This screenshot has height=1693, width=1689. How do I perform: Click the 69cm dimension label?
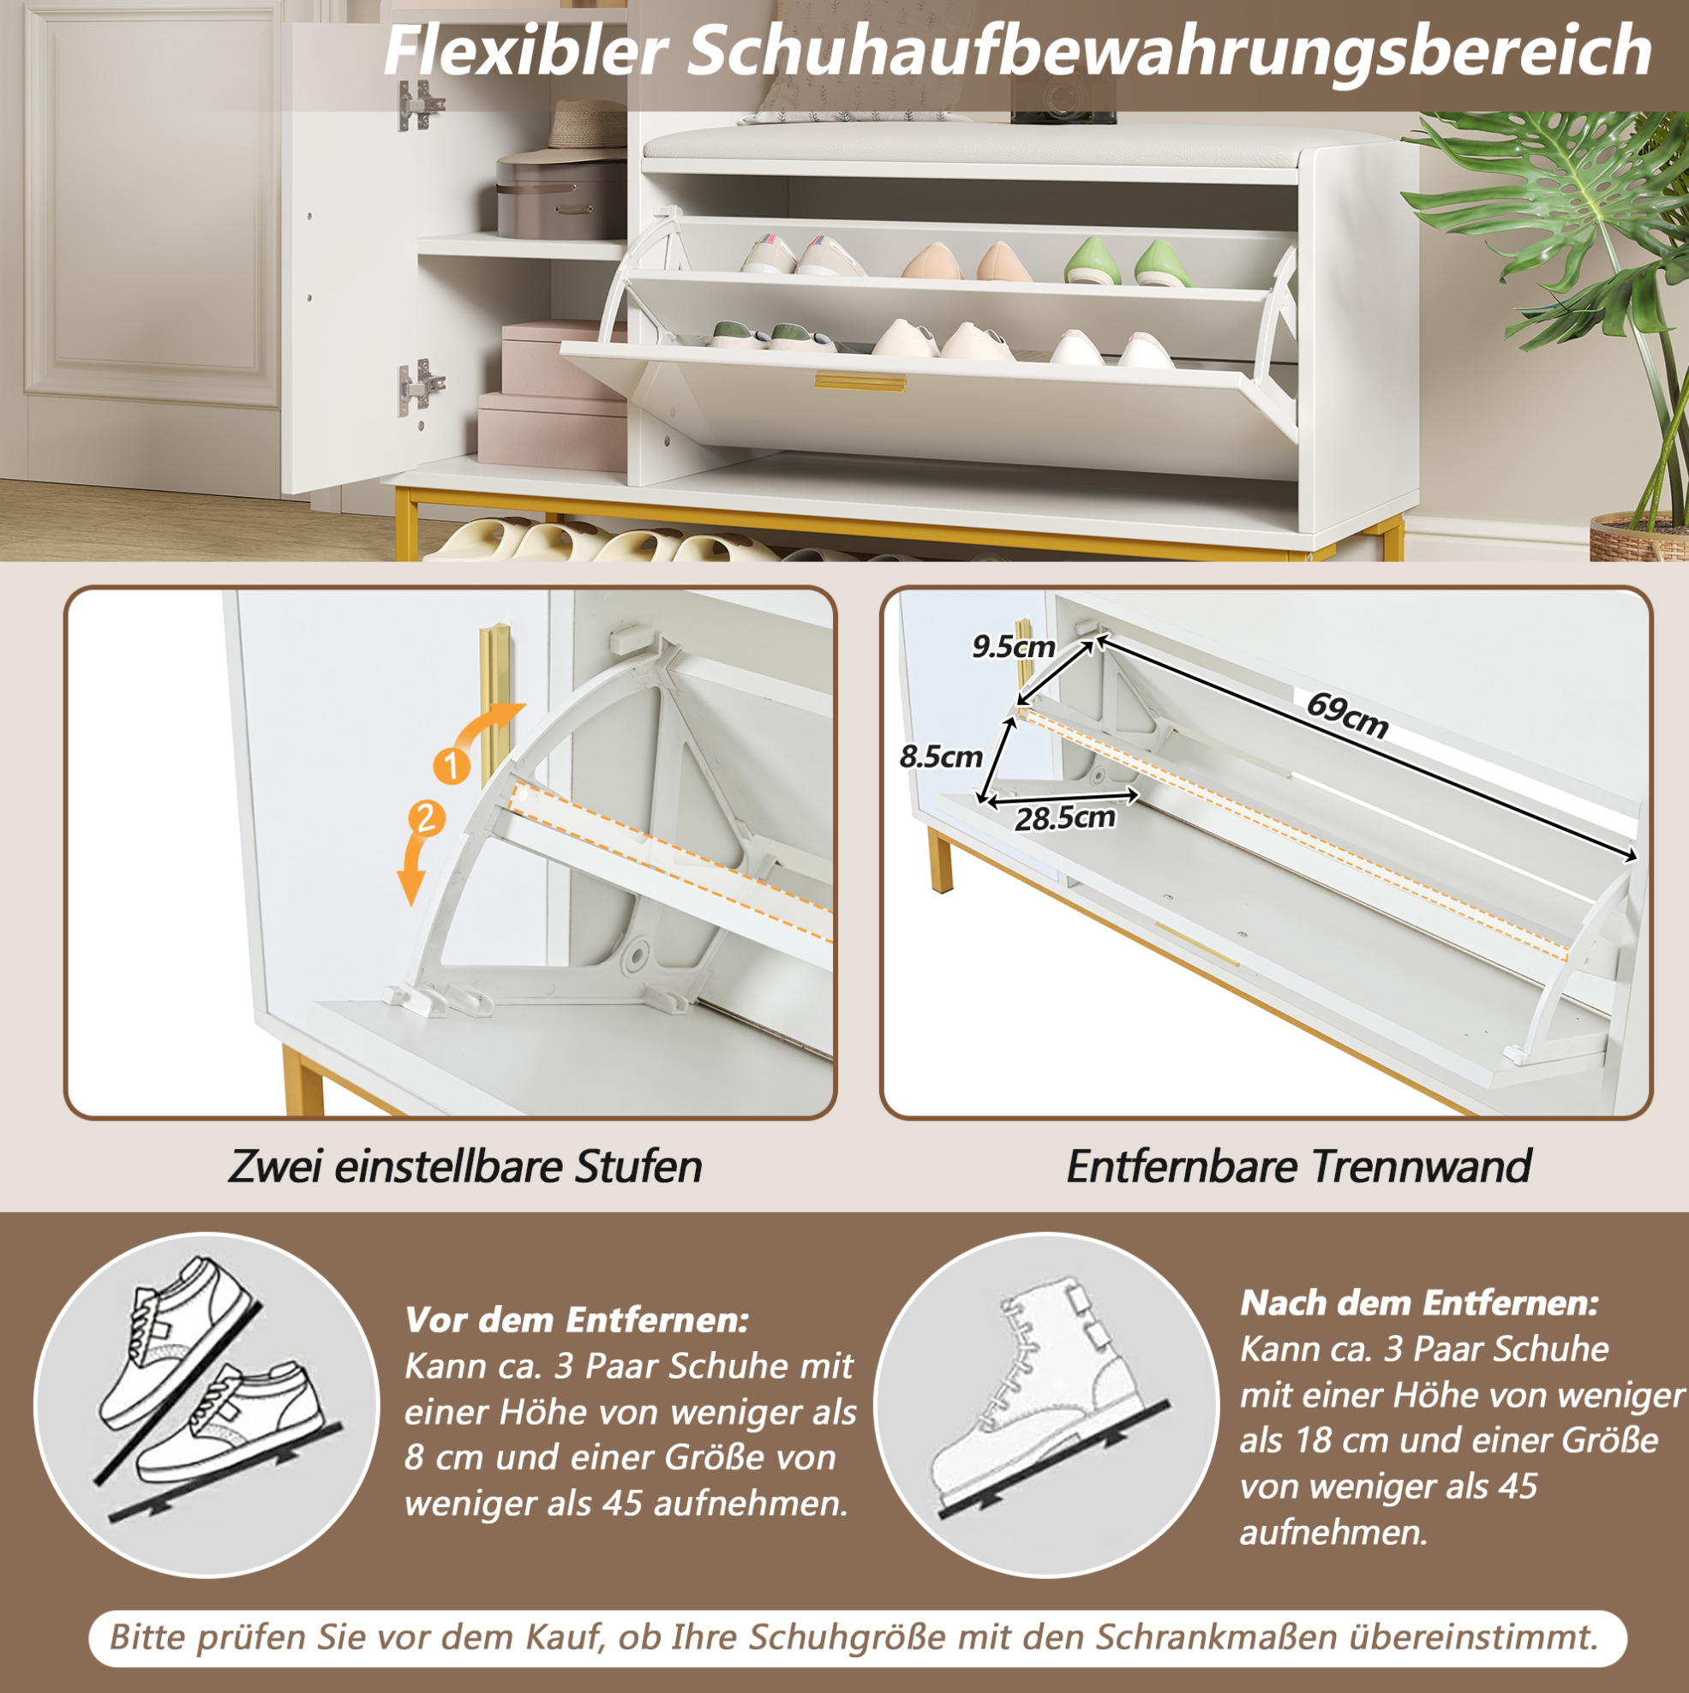click(x=1347, y=715)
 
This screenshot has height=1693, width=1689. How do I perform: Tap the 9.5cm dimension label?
click(x=1013, y=647)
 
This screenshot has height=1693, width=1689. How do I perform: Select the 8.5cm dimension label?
click(x=941, y=756)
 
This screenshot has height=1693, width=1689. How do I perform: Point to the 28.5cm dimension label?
click(x=1065, y=817)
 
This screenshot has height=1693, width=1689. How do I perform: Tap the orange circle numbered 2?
click(x=427, y=819)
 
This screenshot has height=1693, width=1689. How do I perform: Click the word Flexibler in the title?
click(x=526, y=51)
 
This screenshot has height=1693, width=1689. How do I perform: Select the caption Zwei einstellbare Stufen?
click(x=465, y=1166)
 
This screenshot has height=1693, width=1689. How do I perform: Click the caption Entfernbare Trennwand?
click(x=1299, y=1166)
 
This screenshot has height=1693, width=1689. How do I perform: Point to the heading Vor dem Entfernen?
click(x=577, y=1319)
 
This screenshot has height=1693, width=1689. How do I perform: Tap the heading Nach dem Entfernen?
click(x=1419, y=1303)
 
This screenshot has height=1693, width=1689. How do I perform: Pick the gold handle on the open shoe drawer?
click(x=859, y=381)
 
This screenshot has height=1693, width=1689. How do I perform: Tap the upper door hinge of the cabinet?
click(x=418, y=105)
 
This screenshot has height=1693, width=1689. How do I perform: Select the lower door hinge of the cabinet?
click(x=418, y=386)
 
